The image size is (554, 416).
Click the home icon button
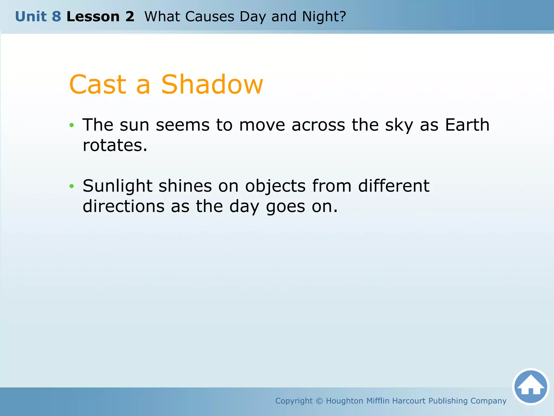530,387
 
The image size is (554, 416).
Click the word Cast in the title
98,84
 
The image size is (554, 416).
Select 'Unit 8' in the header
38,17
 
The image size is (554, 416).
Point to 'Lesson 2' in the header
100,17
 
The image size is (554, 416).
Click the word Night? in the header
324,17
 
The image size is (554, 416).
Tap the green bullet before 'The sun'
71,125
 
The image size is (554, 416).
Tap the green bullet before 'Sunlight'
71,186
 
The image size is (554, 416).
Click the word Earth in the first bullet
467,125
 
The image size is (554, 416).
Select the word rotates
115,145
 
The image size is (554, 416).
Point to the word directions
123,206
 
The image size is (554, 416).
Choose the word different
394,186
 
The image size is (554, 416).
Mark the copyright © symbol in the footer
319,401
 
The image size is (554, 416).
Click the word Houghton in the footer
344,401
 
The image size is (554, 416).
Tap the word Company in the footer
488,401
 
